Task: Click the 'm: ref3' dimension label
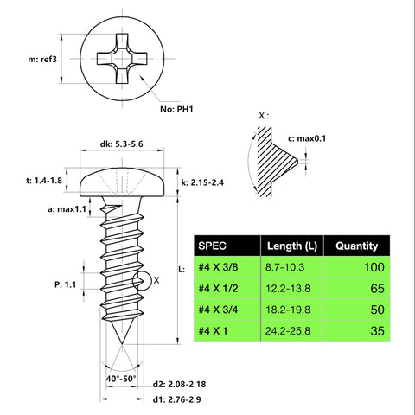pyautogui.click(x=31, y=59)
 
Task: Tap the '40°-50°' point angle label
pyautogui.click(x=120, y=378)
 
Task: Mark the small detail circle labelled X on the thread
pyautogui.click(x=141, y=279)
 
